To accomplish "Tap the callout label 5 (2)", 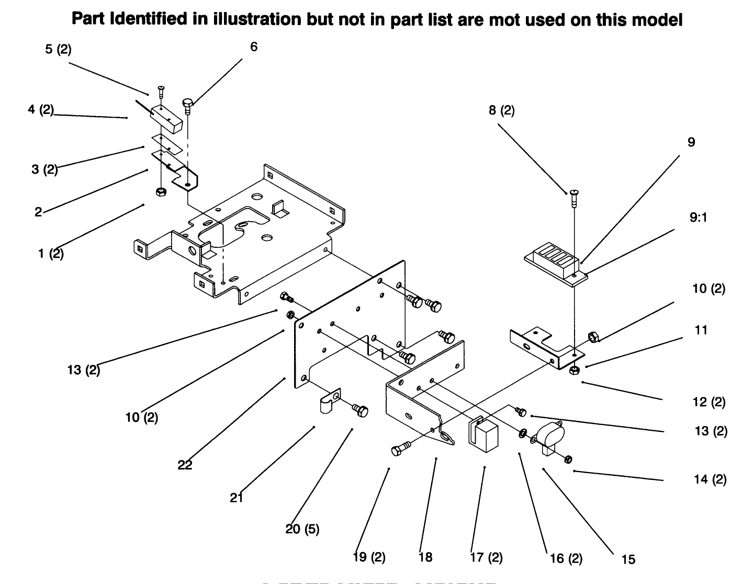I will pos(58,50).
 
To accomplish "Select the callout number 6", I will pos(254,47).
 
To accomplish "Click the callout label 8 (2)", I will pos(502,111).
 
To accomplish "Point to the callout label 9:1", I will pos(698,217).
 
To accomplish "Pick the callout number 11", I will pos(701,330).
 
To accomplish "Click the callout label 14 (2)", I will pos(710,479).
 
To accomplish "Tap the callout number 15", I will pos(628,559).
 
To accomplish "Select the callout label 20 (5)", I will pos(302,529).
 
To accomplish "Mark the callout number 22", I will pos(185,465).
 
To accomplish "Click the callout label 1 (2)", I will pos(51,254).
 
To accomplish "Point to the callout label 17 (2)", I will pos(487,558).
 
